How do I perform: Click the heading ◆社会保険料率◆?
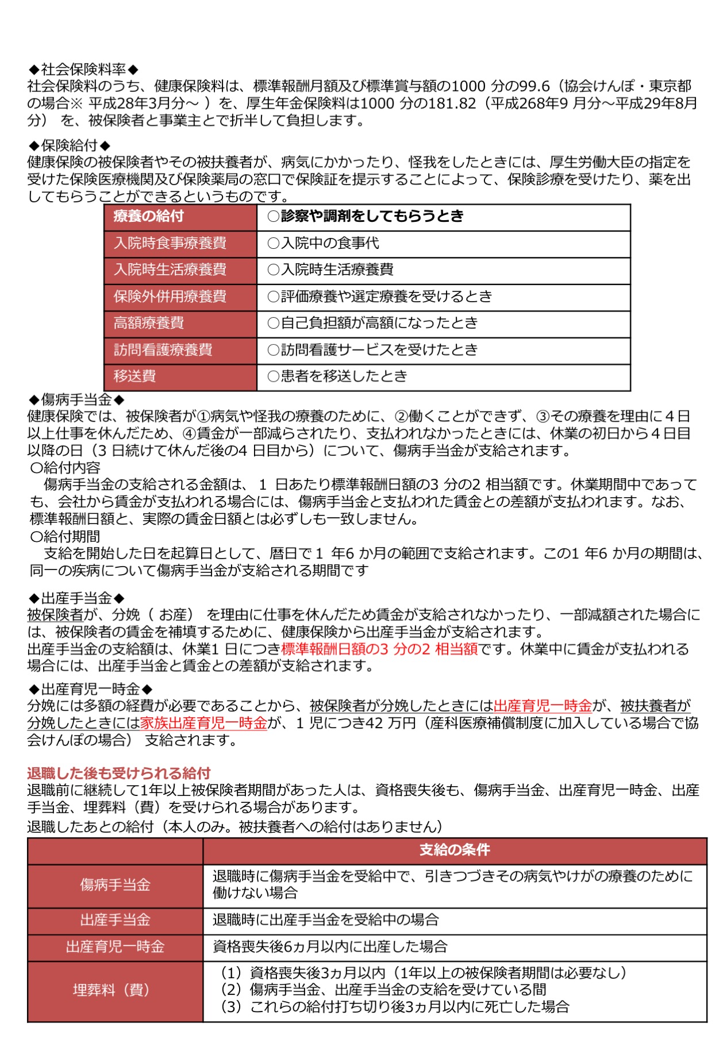pyautogui.click(x=83, y=70)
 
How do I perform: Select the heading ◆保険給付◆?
pyautogui.click(x=69, y=145)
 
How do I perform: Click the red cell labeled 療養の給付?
pyautogui.click(x=148, y=216)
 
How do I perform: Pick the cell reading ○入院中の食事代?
pyautogui.click(x=323, y=243)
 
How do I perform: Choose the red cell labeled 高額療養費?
pyautogui.click(x=148, y=323)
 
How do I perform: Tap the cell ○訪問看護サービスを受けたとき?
pyautogui.click(x=372, y=349)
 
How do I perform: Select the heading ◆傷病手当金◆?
pyautogui.click(x=76, y=399)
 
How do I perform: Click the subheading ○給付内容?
pyautogui.click(x=65, y=468)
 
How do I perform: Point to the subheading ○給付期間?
pyautogui.click(x=65, y=536)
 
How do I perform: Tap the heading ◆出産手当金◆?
pyautogui.click(x=76, y=598)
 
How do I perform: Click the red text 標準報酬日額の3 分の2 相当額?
pyautogui.click(x=379, y=649)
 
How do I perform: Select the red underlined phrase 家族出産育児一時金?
pyautogui.click(x=204, y=723)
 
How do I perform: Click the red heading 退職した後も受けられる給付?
pyautogui.click(x=118, y=773)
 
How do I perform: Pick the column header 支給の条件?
pyautogui.click(x=454, y=850)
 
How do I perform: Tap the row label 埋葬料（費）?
pyautogui.click(x=115, y=990)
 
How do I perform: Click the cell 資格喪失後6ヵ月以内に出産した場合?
pyautogui.click(x=330, y=947)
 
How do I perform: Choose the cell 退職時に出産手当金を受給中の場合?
pyautogui.click(x=325, y=920)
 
